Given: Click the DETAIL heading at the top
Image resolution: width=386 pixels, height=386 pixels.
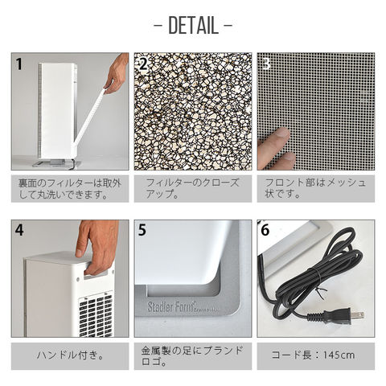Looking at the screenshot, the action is pos(193,26).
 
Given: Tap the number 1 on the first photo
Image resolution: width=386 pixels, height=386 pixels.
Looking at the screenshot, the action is pos(18,64).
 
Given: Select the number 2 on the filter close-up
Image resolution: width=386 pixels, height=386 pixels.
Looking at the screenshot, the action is pos(143,64).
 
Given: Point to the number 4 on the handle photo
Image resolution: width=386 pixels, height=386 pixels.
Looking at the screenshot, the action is pos(19,230).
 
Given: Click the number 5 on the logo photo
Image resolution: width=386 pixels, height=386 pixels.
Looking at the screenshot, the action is pos(142,230).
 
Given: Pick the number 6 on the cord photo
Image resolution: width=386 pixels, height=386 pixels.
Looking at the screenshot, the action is pos(265,230).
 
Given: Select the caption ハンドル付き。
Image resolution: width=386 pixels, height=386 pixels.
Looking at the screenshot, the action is pos(70,355).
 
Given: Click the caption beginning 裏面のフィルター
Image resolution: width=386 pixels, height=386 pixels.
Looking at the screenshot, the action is pos(70,189).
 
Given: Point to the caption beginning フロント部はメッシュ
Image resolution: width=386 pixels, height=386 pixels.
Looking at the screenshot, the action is pos(315,188).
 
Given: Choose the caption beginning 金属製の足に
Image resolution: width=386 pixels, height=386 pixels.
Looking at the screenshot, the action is pos(192,356).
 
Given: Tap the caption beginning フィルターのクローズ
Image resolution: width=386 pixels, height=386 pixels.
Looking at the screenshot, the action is pos(192,188).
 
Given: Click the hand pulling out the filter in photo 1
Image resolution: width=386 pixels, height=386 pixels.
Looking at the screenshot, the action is pos(116,73).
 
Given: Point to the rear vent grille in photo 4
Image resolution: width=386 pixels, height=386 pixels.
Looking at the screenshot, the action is pos(96,316).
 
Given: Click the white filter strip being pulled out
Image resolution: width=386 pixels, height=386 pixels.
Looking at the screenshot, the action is pos(88,118).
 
